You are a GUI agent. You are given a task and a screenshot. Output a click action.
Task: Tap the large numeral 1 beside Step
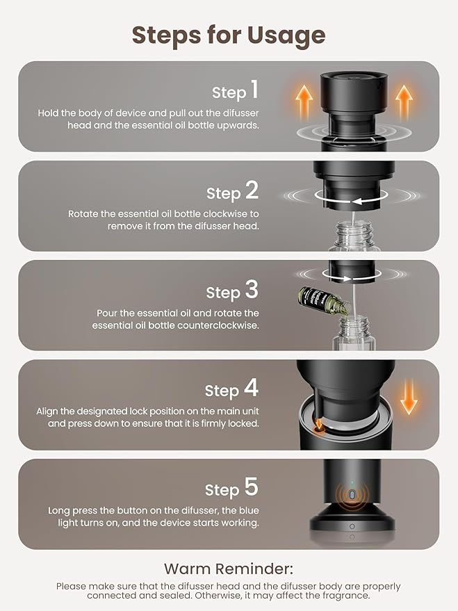coord(254,89)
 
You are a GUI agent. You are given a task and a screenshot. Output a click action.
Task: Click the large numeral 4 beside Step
coord(251,388)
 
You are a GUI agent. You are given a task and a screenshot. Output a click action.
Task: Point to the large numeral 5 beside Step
coord(251,487)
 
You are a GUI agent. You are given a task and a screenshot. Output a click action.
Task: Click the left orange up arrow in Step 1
coord(304,102)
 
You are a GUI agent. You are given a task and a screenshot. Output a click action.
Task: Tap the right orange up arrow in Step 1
coord(404,102)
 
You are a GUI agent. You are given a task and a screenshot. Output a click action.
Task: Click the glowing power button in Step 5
coord(352,495)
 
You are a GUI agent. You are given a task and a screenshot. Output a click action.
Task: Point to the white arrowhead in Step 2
coord(357,201)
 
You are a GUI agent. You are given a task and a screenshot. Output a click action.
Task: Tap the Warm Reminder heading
coord(229,569)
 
